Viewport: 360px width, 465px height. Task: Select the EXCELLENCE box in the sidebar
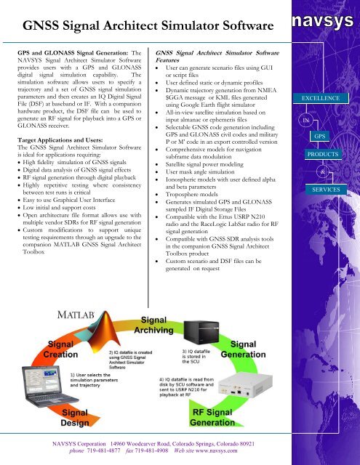click(x=317, y=97)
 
